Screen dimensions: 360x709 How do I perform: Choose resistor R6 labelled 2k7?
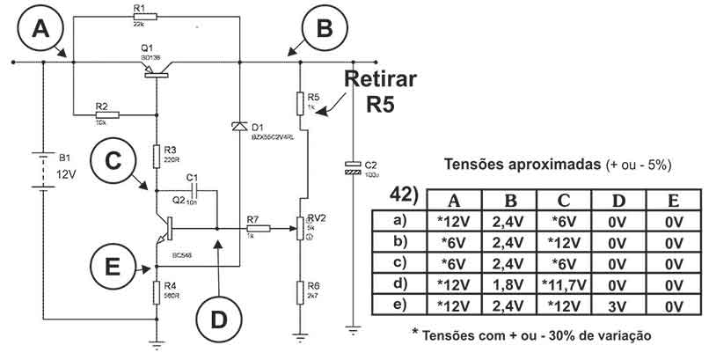point(301,287)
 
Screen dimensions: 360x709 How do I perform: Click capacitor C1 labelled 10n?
point(196,190)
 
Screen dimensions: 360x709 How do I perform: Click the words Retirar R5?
point(381,92)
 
